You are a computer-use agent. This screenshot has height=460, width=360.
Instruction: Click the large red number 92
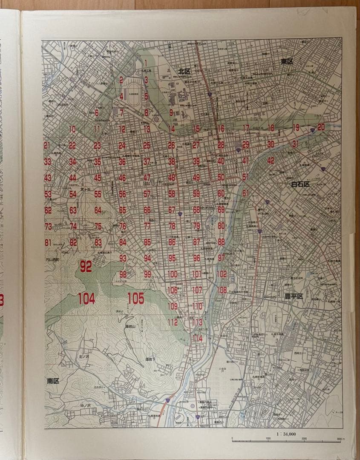point(86,267)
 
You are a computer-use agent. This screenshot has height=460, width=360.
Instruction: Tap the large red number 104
point(86,299)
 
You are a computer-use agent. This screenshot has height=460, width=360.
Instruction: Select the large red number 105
point(135,299)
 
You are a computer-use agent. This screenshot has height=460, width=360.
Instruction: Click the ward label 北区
point(184,71)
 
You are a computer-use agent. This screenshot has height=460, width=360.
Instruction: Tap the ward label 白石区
point(300,184)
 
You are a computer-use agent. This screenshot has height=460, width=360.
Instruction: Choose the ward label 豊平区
point(294,296)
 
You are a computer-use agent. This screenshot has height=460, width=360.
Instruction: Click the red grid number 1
point(146,62)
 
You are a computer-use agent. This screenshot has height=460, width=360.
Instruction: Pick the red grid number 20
point(321,127)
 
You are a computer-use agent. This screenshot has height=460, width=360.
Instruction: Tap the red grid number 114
point(197,338)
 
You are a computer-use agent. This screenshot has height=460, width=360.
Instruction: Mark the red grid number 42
point(271,161)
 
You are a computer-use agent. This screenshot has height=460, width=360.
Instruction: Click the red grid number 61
point(245,193)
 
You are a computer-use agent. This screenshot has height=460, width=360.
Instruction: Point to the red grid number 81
point(48,242)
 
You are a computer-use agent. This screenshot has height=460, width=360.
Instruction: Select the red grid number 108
point(222,290)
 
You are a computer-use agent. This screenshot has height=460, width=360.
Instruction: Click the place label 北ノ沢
point(84,356)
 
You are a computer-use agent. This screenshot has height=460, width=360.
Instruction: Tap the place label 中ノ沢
point(86,406)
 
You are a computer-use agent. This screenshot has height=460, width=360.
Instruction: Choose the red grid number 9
point(171,112)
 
